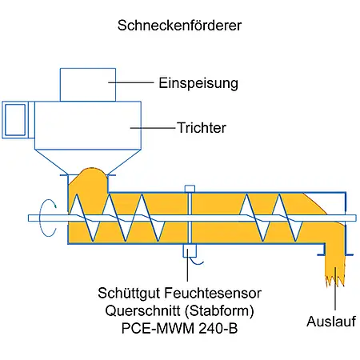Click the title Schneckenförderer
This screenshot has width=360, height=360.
pos(179,25)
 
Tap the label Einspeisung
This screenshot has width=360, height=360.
pos(198,82)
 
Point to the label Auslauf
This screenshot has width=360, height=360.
pos(328,322)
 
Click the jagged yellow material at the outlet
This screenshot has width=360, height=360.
pos(330,267)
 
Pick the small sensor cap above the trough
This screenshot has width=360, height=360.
pos(189,188)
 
